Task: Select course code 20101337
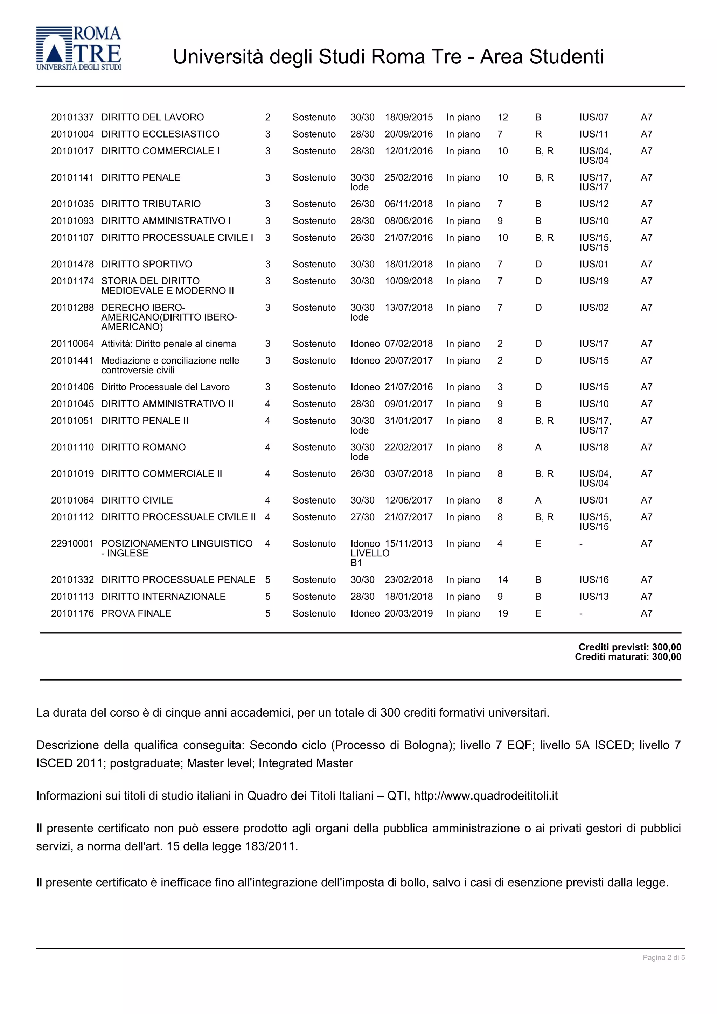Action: (72, 118)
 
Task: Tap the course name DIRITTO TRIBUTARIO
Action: (151, 204)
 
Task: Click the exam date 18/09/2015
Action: (409, 118)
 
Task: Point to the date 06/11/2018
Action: (409, 204)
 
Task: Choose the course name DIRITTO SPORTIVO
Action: (147, 264)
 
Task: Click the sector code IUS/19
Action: (594, 281)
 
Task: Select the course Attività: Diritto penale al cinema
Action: (168, 344)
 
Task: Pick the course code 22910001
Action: (72, 544)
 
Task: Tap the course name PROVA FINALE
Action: (136, 613)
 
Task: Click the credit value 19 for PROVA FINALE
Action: (503, 613)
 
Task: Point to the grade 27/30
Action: (362, 517)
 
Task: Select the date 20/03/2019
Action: (409, 613)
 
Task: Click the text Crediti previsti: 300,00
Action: (629, 647)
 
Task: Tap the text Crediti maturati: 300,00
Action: (628, 657)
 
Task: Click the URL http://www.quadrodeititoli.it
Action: (486, 796)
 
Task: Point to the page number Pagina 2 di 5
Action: (663, 957)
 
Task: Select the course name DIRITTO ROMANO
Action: (143, 448)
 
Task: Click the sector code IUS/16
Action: (594, 580)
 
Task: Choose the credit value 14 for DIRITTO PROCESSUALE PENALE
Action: (503, 580)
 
